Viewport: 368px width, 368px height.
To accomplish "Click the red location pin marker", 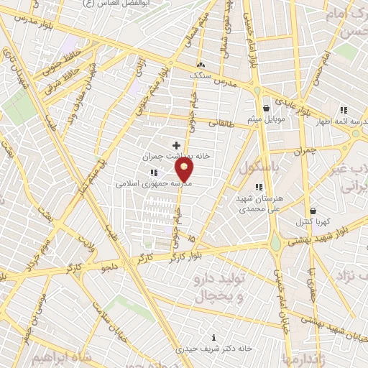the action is point(185,170).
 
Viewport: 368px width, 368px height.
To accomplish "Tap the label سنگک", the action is point(201,74).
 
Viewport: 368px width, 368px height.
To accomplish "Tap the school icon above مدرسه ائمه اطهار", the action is point(343,110).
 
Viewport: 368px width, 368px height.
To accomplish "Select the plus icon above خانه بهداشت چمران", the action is point(176,145).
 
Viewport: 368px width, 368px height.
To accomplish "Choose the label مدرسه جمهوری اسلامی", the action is point(152,183).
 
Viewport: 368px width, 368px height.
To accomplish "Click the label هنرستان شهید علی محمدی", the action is point(259,201).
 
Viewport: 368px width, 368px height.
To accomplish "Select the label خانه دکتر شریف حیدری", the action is point(213,348).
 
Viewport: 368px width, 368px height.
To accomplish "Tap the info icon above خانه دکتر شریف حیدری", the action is point(213,337).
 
